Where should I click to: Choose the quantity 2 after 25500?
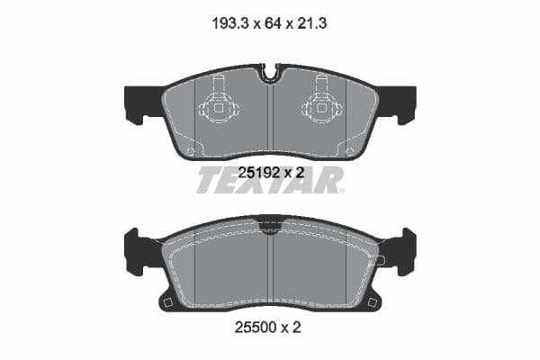[296, 328]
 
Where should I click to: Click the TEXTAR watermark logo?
[270, 180]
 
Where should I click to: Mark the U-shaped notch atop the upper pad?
[270, 72]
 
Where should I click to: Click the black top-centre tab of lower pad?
[270, 220]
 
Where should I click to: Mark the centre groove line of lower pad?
[270, 265]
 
